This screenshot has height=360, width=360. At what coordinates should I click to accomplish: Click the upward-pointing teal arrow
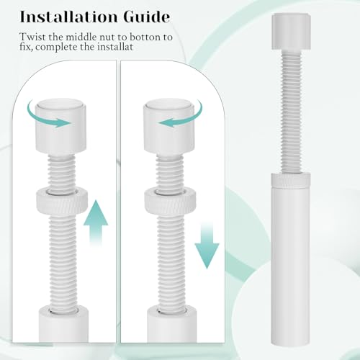click(x=95, y=223)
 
